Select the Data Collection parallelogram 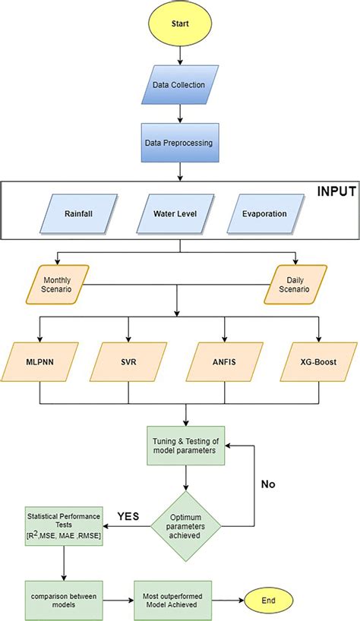click(179, 84)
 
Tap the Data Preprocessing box click(179, 142)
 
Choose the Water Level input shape click(179, 213)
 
